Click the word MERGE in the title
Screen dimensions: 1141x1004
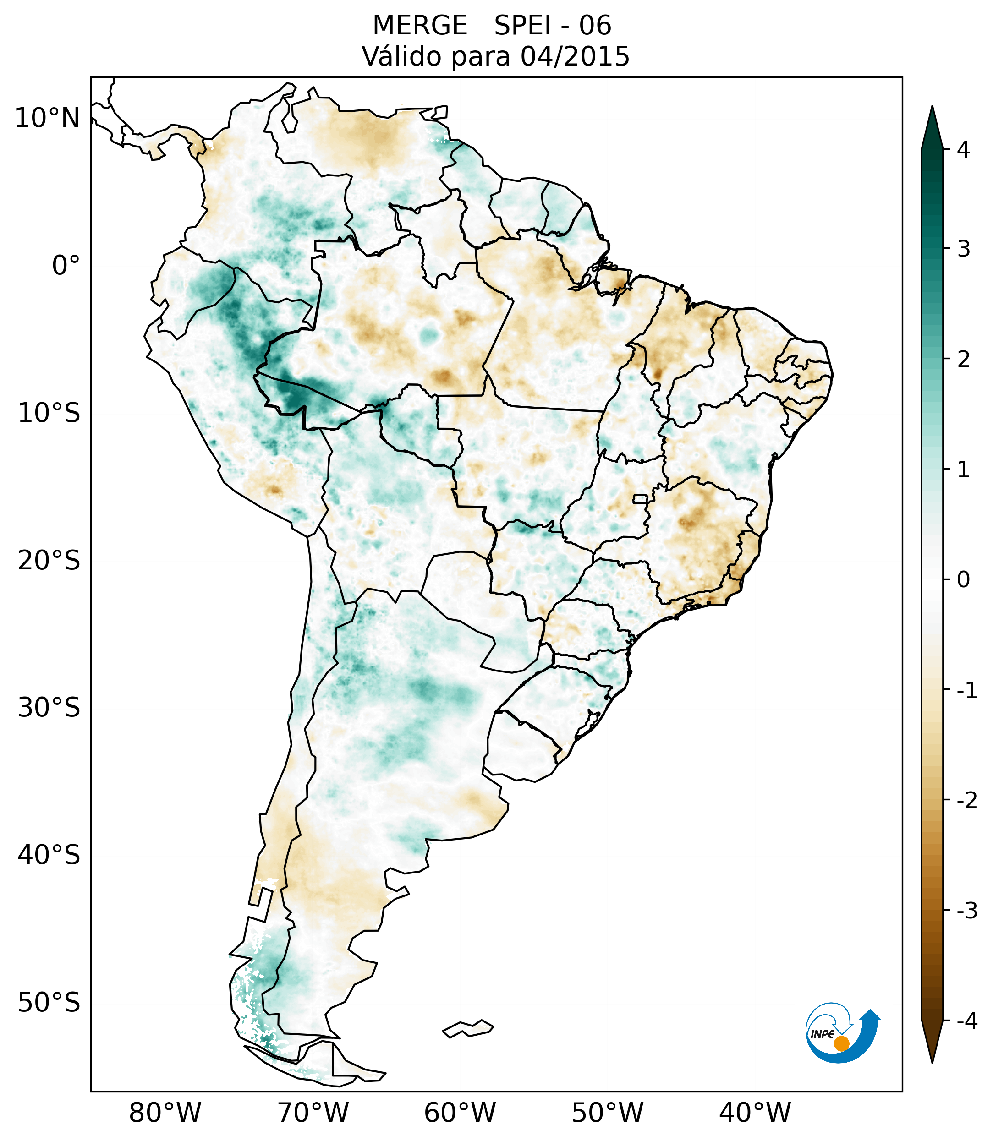click(419, 26)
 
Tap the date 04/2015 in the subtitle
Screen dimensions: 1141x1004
click(575, 56)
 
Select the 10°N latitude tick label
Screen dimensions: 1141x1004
click(47, 118)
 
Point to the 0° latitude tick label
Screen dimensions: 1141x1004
click(66, 265)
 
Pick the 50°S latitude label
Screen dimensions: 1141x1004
click(49, 1003)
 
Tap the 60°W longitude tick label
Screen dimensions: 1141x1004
click(460, 1113)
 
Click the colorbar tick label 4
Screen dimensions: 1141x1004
click(963, 150)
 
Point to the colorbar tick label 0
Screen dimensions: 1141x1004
click(963, 580)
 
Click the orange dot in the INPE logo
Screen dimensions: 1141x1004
click(841, 1043)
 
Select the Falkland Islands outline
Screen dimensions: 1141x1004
click(468, 1028)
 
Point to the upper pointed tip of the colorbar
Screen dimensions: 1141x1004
click(932, 107)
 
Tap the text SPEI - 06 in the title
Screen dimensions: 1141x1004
click(552, 26)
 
